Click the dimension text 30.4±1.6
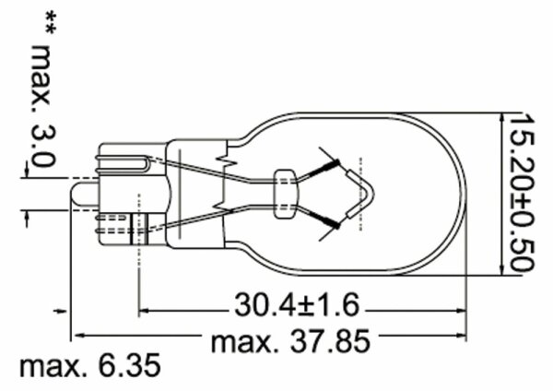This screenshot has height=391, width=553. [297, 304]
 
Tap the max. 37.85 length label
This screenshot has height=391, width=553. [290, 341]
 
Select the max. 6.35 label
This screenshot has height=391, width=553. [90, 366]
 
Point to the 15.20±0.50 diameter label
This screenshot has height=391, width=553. [522, 193]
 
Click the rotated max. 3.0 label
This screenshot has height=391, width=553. [43, 106]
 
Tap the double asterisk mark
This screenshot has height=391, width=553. [50, 23]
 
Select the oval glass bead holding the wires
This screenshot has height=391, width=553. [284, 194]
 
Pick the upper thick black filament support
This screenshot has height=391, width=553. [324, 169]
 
